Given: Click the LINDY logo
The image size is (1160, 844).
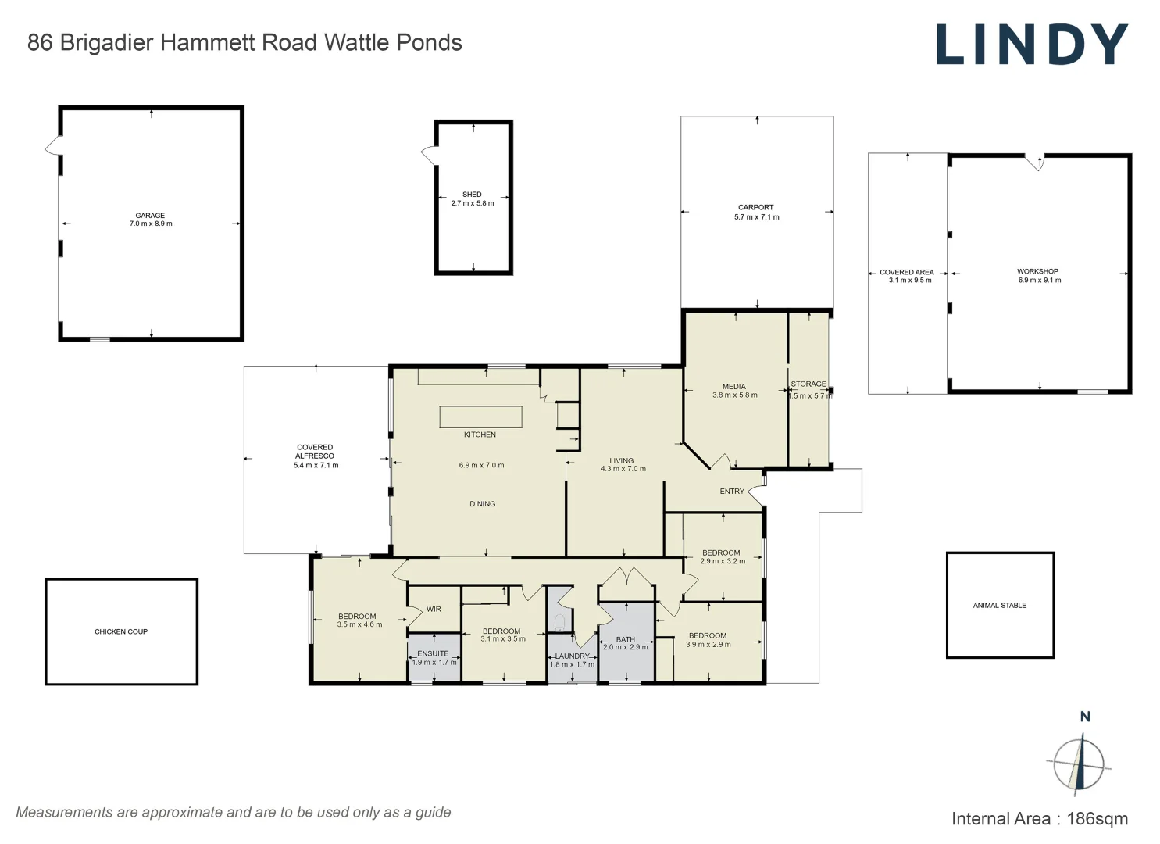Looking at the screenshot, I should [x=1032, y=45].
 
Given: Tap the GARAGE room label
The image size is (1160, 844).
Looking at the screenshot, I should [x=150, y=216].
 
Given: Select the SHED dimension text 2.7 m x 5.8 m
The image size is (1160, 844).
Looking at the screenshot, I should [x=473, y=203].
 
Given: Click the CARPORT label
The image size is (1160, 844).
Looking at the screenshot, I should [x=756, y=208].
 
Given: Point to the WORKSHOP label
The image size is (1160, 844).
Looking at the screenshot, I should [x=1037, y=271].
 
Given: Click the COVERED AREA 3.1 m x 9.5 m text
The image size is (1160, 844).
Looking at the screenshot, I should [x=908, y=276].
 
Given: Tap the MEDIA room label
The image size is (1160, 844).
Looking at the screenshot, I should [x=734, y=386].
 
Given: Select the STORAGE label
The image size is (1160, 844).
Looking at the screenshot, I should [x=808, y=384].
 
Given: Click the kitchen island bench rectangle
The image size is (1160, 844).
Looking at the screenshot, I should [x=480, y=417].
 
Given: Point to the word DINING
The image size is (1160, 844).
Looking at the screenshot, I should [x=483, y=504].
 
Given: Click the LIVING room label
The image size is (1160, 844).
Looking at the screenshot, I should [x=622, y=460].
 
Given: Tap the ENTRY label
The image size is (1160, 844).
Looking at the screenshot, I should [x=732, y=492].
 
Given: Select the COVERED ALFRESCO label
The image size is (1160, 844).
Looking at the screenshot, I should [x=315, y=452].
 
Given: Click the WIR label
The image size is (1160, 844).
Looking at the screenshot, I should [x=434, y=609].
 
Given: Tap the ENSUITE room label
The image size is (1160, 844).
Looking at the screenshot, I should [x=433, y=653].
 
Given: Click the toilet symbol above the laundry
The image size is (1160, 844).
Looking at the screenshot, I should [x=559, y=623].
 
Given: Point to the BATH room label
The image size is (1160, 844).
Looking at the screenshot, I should [x=625, y=639].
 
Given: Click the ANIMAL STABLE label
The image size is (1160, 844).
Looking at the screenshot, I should [x=1000, y=605].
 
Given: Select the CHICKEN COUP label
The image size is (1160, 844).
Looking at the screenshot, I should [x=121, y=631].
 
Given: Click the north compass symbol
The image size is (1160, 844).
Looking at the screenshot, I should [x=1079, y=763].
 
